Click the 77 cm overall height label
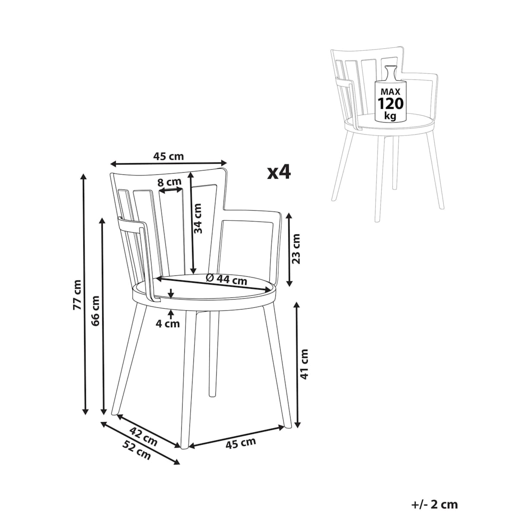77,295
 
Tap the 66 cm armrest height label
95,311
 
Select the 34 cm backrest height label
198,218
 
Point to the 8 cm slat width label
169,182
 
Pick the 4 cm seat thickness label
168,324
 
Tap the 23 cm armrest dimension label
295,249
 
